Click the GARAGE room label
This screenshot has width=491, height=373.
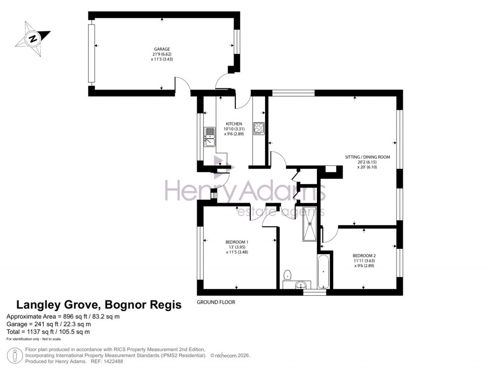(x=162, y=49)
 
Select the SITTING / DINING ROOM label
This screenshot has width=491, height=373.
(x=367, y=157)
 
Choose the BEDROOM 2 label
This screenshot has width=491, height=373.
(x=364, y=256)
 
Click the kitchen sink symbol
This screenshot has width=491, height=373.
(x=210, y=137)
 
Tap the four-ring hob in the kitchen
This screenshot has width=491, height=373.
(x=259, y=128)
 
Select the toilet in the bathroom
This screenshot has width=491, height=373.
(x=287, y=275)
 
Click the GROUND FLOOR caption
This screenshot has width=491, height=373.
(x=216, y=303)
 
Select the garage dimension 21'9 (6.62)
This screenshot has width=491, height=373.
(x=162, y=55)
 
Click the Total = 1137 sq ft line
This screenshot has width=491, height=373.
(x=48, y=332)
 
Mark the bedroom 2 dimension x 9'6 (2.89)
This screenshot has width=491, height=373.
(x=364, y=266)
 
